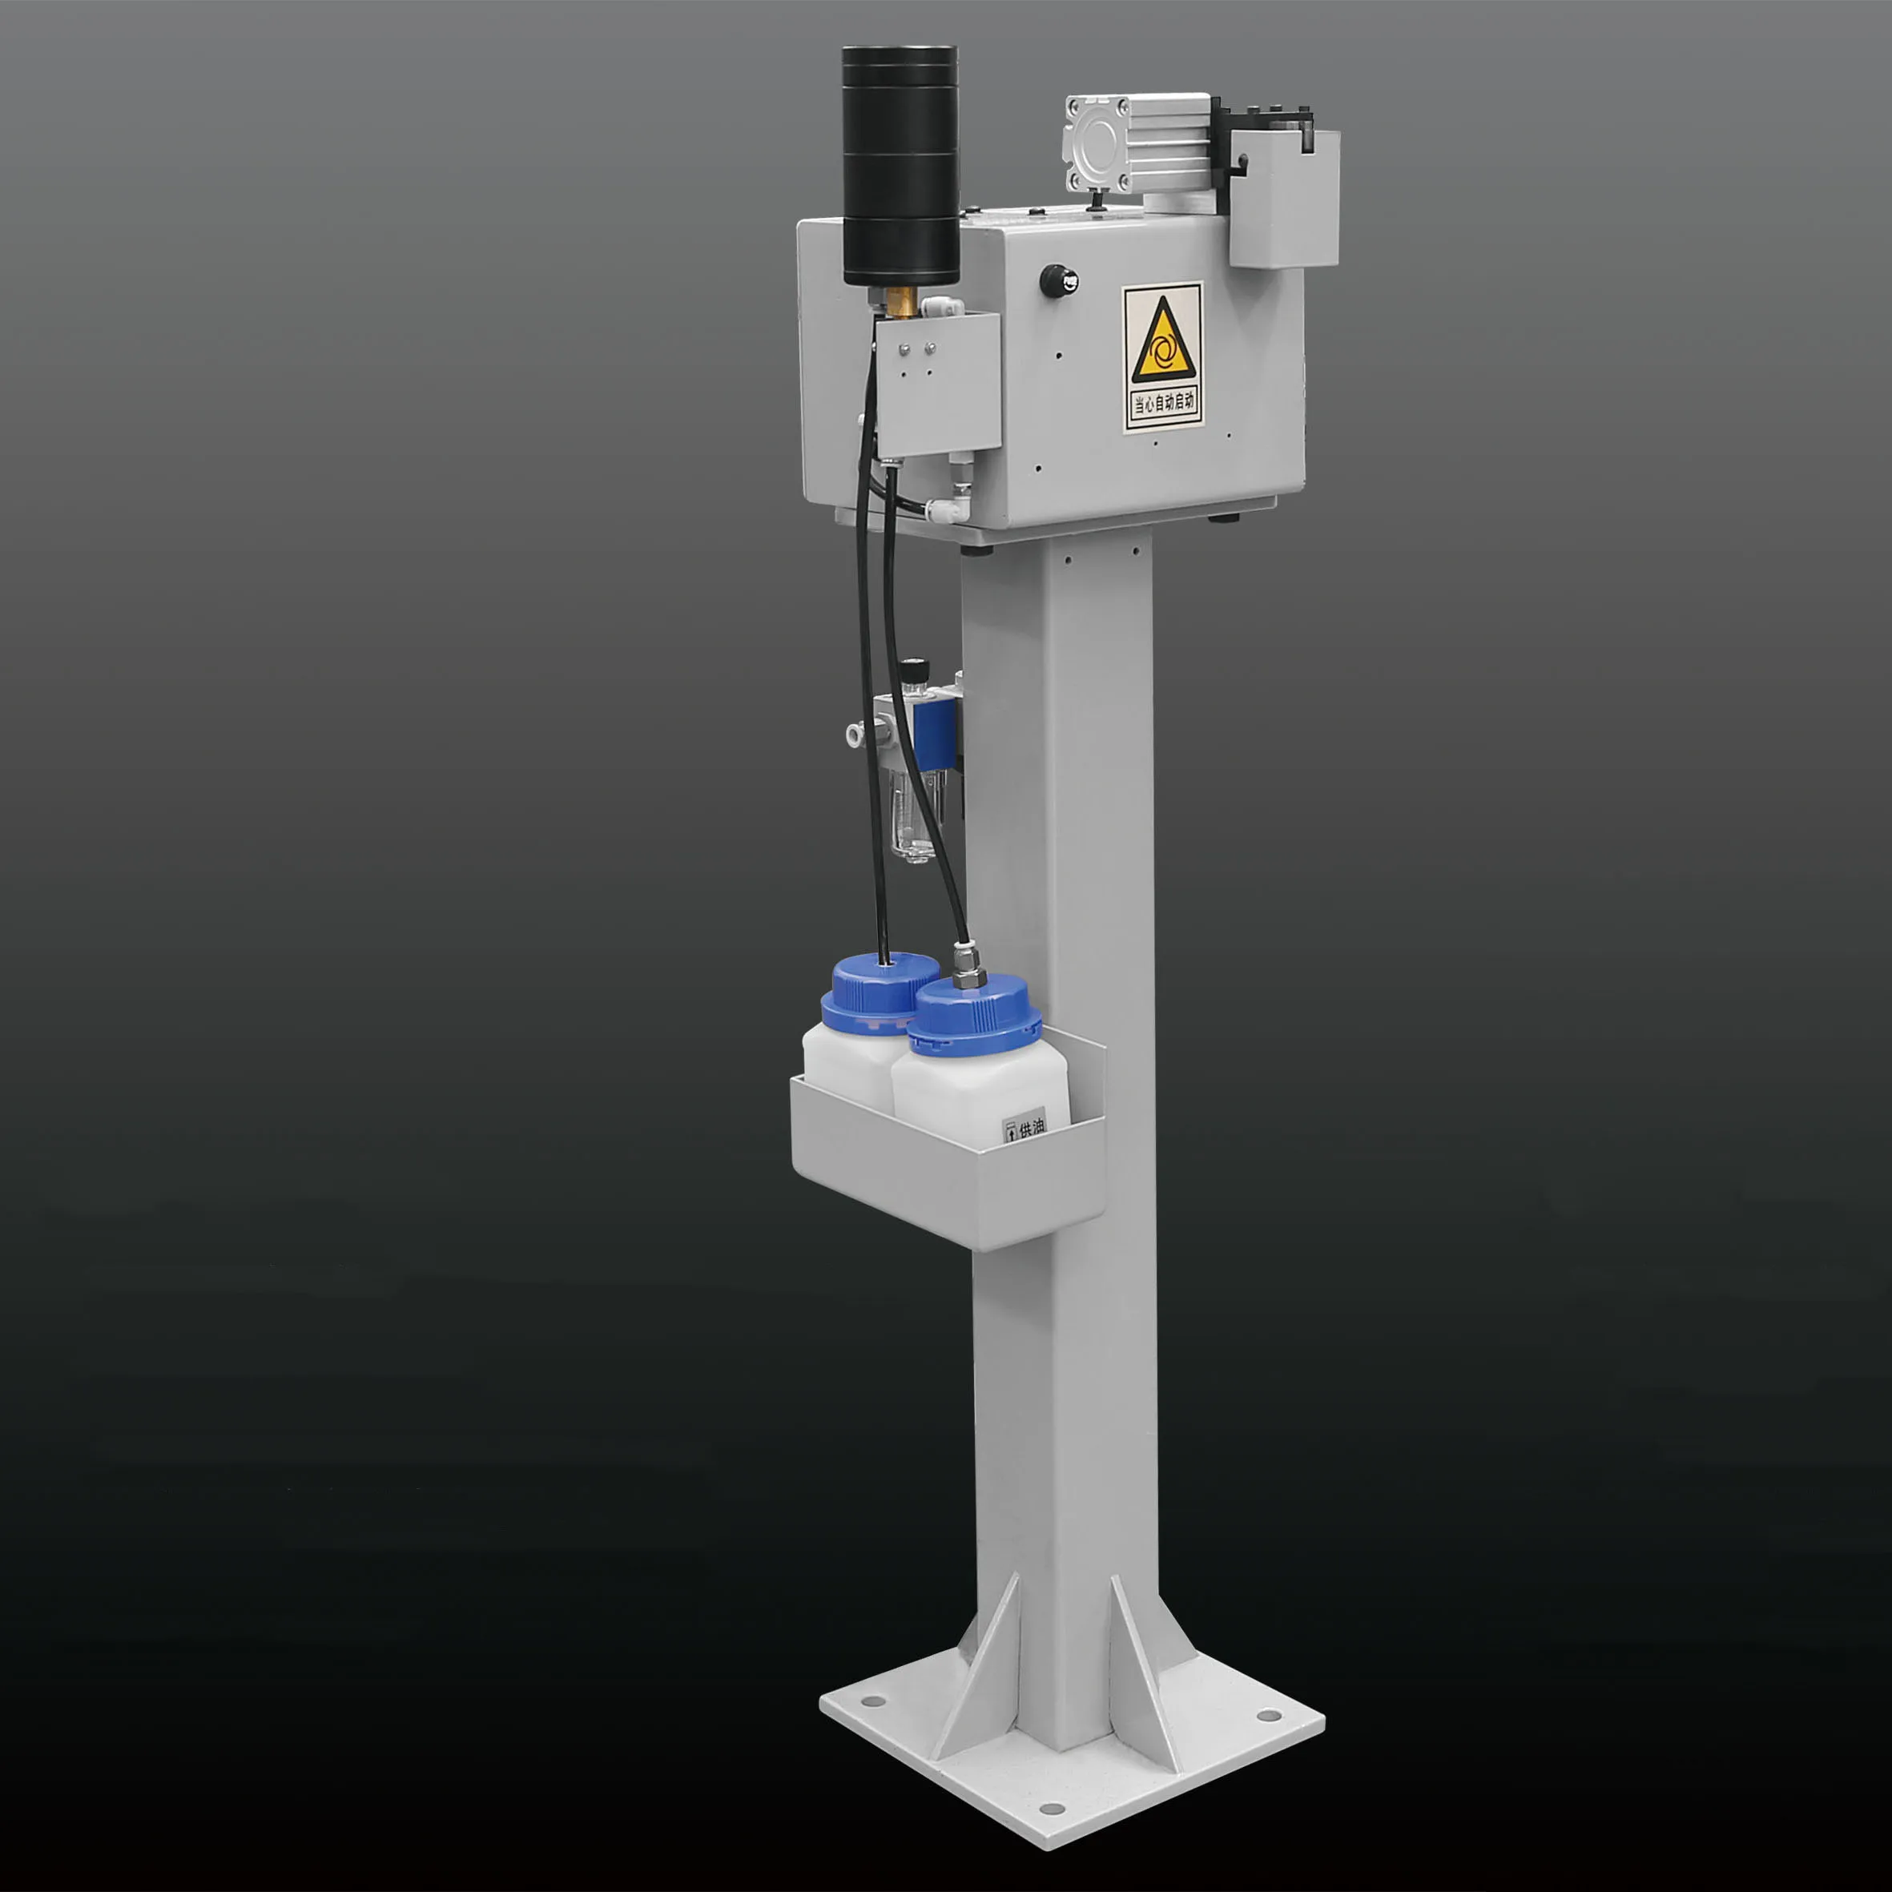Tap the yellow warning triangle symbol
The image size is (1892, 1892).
pyautogui.click(x=1163, y=342)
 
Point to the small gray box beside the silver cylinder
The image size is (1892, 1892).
pyautogui.click(x=1284, y=201)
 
